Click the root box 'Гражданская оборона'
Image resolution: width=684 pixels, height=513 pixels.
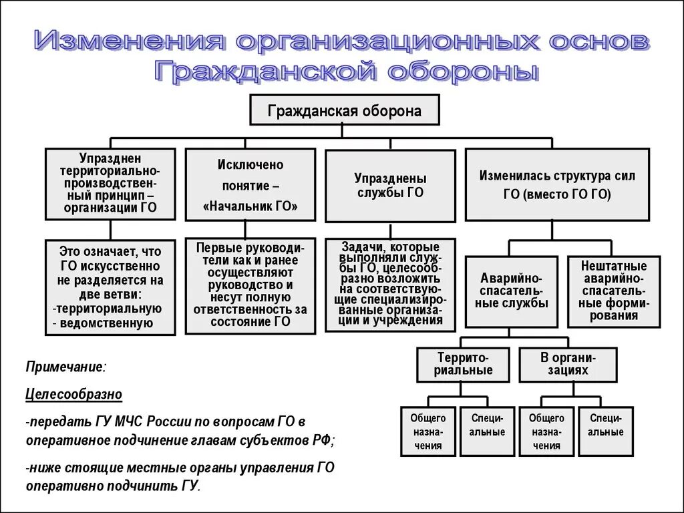click(x=344, y=110)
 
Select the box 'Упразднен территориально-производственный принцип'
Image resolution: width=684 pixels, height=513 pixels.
click(x=110, y=184)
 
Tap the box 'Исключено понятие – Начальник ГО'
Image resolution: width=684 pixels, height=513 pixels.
click(x=250, y=184)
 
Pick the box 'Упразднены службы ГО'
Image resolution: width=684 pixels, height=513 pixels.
click(x=391, y=186)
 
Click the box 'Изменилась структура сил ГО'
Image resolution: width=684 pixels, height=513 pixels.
click(x=556, y=184)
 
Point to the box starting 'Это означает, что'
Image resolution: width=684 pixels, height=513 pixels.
click(x=110, y=287)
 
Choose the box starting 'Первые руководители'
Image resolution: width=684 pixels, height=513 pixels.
click(x=250, y=285)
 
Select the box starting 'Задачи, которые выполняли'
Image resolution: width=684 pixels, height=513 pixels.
click(x=391, y=285)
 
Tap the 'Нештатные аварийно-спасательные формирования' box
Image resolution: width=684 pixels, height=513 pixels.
click(x=614, y=291)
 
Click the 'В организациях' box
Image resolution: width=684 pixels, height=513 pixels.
click(x=568, y=364)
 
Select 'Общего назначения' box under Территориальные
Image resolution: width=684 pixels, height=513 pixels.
click(x=428, y=432)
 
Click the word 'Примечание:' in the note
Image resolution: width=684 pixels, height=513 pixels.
click(x=65, y=367)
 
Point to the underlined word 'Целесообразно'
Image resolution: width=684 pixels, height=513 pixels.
click(x=74, y=394)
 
